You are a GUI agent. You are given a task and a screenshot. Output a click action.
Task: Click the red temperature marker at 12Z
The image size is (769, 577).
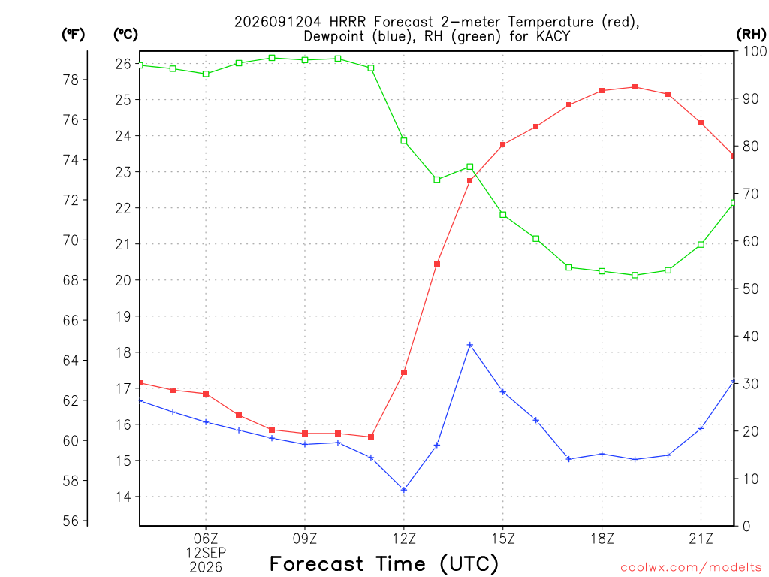coord(404,373)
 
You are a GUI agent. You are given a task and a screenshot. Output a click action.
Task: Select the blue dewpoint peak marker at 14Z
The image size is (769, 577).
coord(470,345)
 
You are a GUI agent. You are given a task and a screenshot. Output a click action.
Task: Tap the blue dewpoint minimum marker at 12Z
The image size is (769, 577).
coord(404,490)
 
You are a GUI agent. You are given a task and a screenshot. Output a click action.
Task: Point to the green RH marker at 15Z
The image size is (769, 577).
coord(502,215)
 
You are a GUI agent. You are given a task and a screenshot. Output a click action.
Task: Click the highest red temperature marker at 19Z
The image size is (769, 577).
coord(635,87)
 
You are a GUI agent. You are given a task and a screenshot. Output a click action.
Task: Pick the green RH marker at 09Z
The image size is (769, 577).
coord(305,60)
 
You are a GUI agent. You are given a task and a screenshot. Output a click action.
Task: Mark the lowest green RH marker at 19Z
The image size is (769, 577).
coord(635,275)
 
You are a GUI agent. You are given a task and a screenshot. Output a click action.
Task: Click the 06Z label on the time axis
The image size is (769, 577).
coord(206,539)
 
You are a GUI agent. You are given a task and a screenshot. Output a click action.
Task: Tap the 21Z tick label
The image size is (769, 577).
coord(701,539)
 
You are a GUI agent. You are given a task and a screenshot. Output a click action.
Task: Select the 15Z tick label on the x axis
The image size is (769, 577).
coord(503,539)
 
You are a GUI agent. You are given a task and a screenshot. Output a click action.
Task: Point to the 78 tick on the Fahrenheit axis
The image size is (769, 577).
coord(71,80)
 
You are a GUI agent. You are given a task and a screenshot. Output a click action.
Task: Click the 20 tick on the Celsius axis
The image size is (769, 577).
coord(123,280)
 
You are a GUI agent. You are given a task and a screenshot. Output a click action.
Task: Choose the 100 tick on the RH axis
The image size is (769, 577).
coord(755,51)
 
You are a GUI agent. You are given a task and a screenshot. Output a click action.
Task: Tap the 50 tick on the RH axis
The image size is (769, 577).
coord(751,288)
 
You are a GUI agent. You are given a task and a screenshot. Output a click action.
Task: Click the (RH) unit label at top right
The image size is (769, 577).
coord(751,35)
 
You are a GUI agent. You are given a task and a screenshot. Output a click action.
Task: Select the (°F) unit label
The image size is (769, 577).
coord(73,35)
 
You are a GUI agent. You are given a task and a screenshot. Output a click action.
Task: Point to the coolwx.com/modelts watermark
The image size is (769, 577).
coord(691,567)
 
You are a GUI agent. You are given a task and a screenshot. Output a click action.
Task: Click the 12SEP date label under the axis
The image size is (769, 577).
coord(206,553)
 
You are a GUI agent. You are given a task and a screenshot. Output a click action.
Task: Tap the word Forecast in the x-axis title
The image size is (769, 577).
coord(317,563)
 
